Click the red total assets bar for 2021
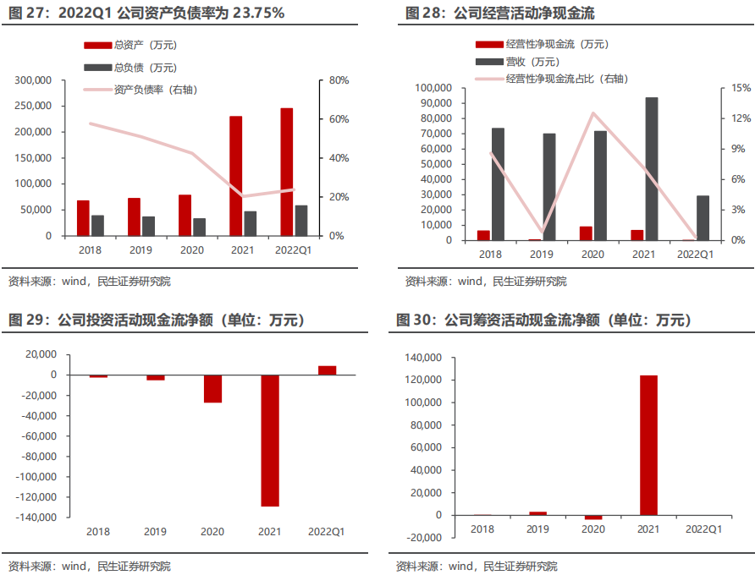point(236,176)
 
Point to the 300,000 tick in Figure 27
point(34,80)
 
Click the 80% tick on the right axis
point(339,80)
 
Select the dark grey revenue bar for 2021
point(652,168)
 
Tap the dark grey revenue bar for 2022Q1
point(703,217)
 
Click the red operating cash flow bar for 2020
point(586,233)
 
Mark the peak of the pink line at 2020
point(593,113)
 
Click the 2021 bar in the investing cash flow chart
point(270,441)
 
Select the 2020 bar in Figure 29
point(212,388)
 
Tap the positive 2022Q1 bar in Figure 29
point(327,370)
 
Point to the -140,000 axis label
point(36,517)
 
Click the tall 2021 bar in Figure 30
point(648,445)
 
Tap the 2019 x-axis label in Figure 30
point(537,529)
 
